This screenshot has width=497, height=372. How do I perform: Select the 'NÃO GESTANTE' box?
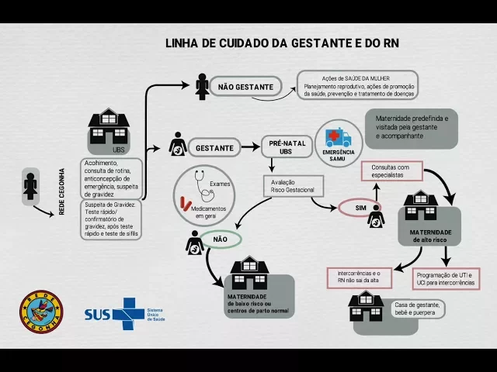point(245,87)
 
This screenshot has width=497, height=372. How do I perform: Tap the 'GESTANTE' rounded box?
point(214,146)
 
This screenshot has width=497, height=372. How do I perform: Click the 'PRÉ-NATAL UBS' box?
point(286,146)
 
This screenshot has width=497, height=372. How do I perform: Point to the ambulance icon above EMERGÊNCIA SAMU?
point(338,137)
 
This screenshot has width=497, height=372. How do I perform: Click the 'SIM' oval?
point(349,208)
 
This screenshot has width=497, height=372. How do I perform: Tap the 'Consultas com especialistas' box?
point(396,171)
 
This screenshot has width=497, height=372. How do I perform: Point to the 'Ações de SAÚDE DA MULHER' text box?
point(358,85)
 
